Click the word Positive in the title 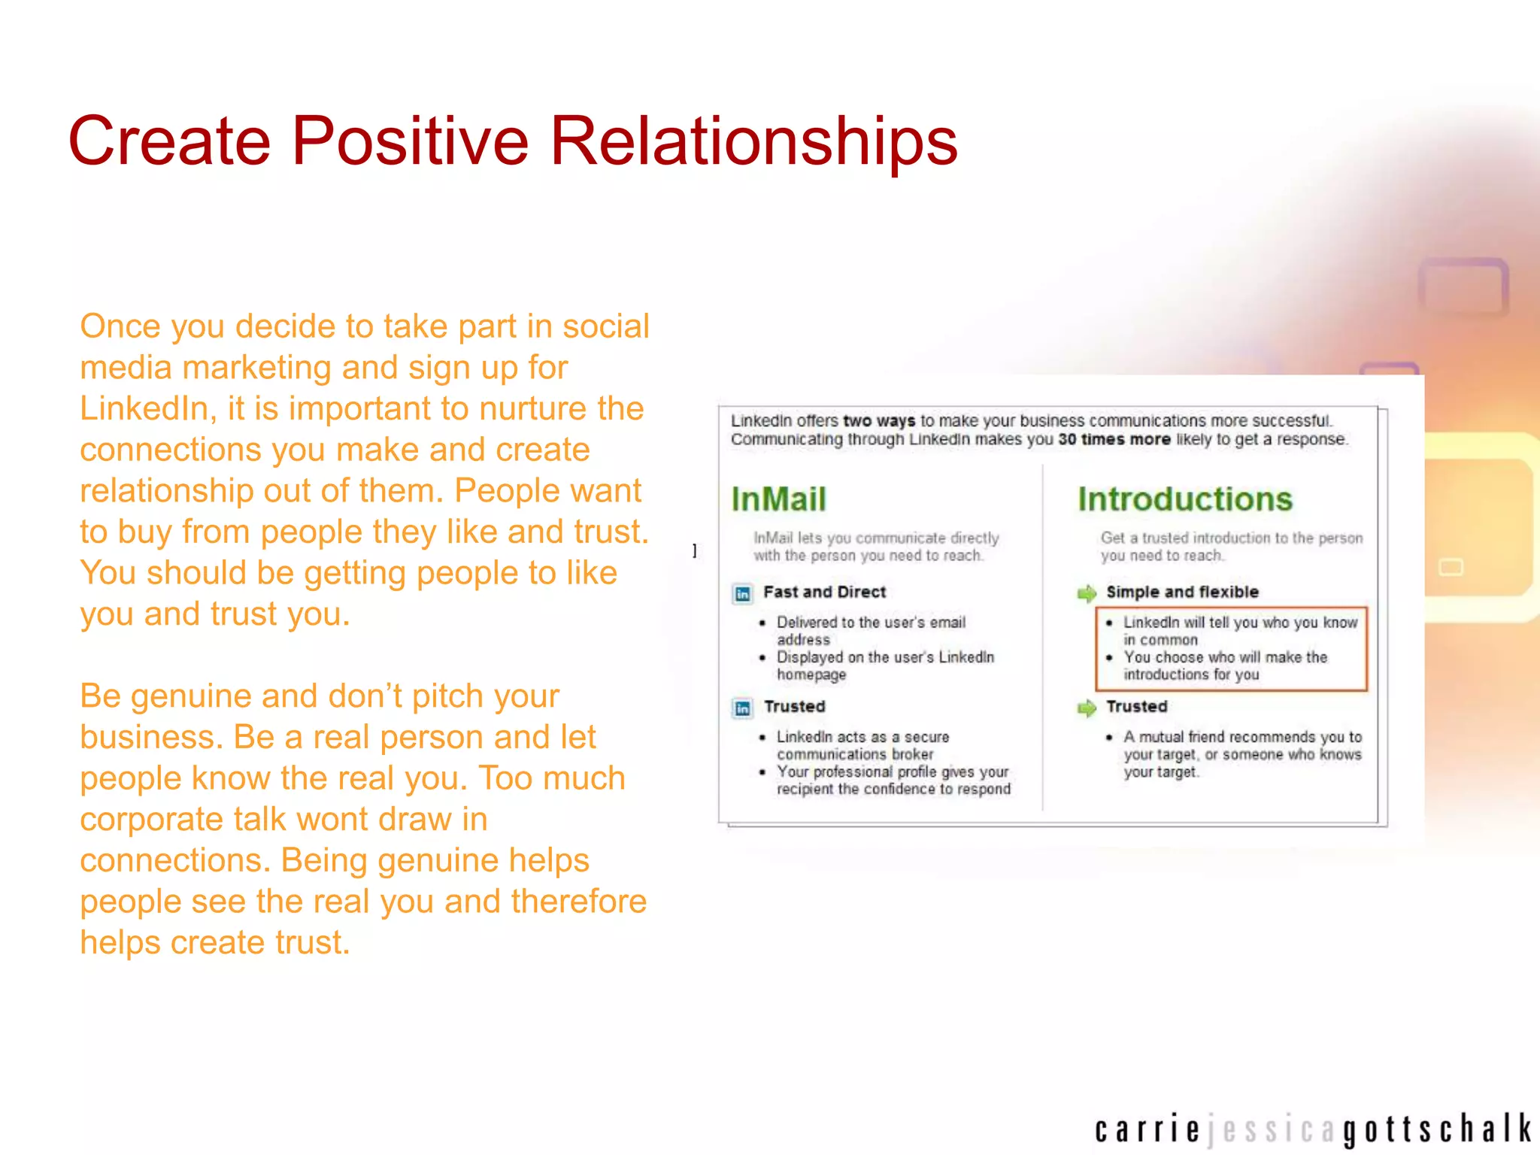tap(410, 141)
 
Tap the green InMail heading tap(778, 500)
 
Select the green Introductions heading tap(1184, 500)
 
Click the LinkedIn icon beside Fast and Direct tap(742, 594)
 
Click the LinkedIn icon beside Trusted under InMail tap(742, 708)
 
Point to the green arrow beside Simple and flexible tap(1087, 594)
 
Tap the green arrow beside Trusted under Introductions tap(1087, 708)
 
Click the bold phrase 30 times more tap(1114, 440)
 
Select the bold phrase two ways tap(878, 421)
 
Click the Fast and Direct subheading tap(824, 593)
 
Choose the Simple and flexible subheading tap(1182, 593)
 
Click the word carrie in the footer tap(1147, 1130)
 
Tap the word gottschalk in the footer tap(1437, 1130)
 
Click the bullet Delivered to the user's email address tap(870, 631)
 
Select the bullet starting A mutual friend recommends tap(1241, 754)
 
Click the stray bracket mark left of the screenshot tap(695, 550)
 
